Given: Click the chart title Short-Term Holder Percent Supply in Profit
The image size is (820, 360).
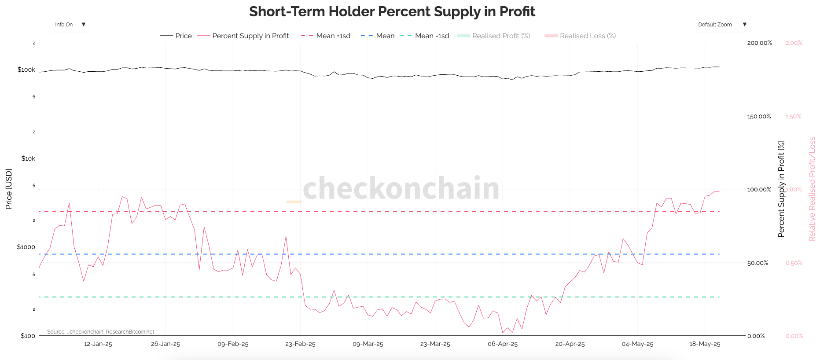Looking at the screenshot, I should pyautogui.click(x=392, y=11).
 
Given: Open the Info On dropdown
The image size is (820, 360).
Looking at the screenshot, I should pyautogui.click(x=70, y=25).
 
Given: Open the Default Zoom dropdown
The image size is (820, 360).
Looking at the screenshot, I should pyautogui.click(x=722, y=25).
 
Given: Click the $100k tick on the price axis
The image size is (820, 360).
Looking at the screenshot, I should pyautogui.click(x=26, y=70).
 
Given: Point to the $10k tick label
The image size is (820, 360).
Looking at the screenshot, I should pyautogui.click(x=28, y=158).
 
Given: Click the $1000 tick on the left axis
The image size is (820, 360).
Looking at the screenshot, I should pyautogui.click(x=26, y=247).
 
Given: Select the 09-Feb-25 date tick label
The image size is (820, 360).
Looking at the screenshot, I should pyautogui.click(x=233, y=344).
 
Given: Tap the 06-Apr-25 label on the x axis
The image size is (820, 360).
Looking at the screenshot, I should pyautogui.click(x=502, y=344).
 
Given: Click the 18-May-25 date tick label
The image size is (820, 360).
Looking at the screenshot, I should pyautogui.click(x=704, y=344).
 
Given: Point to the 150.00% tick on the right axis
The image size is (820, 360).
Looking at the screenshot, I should pyautogui.click(x=759, y=117).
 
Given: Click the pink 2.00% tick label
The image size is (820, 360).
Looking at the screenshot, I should pyautogui.click(x=794, y=43).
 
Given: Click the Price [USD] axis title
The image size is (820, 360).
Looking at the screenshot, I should pyautogui.click(x=9, y=189).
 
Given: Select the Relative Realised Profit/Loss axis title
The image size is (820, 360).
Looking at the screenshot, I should pyautogui.click(x=812, y=189).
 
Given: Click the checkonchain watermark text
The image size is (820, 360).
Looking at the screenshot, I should pyautogui.click(x=401, y=188).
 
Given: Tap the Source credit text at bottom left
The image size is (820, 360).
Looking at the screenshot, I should pyautogui.click(x=100, y=332).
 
